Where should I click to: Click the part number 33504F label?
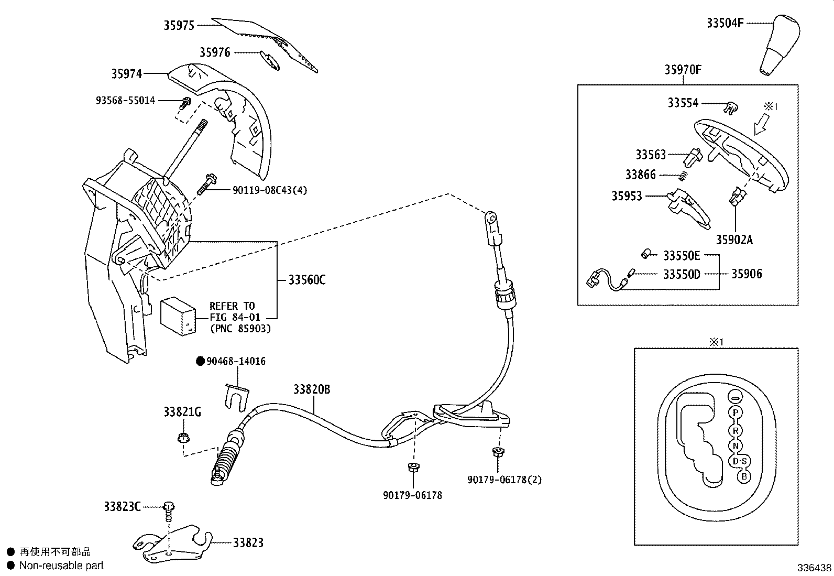click(725, 23)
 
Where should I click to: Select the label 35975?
click(179, 25)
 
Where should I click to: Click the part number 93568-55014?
click(125, 100)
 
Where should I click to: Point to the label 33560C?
click(306, 280)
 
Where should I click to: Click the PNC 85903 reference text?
click(240, 329)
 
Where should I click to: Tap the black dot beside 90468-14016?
click(200, 361)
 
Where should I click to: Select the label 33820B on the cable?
click(311, 389)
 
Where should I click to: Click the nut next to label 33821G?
click(182, 437)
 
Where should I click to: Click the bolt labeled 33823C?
click(169, 507)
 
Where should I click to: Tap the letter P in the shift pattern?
click(736, 412)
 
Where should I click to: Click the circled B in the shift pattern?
click(743, 476)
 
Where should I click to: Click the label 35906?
click(747, 274)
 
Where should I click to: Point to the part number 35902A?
click(734, 240)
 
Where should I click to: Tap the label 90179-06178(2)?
click(504, 480)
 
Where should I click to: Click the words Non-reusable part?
click(61, 566)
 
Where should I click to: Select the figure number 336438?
click(814, 568)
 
